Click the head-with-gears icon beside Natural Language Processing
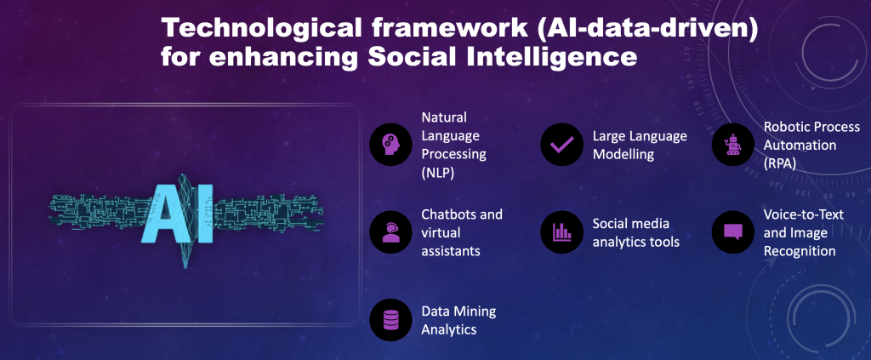[391, 145]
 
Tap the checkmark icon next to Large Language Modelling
[561, 145]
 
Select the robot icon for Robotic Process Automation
[732, 145]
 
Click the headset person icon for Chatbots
[391, 231]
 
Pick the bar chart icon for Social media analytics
[561, 231]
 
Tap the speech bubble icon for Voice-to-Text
[733, 231]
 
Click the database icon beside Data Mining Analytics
[391, 319]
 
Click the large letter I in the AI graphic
[204, 214]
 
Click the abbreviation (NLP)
[438, 173]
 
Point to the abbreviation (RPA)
[780, 163]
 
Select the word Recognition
[800, 251]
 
